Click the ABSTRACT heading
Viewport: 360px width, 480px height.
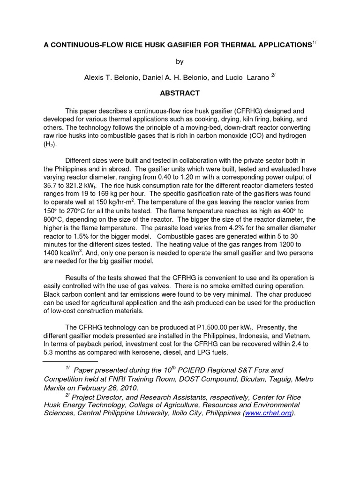(180, 93)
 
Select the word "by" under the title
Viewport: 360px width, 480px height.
(180, 61)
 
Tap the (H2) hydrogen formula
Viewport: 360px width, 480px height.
(49, 144)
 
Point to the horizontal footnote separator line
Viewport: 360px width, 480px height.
(70, 361)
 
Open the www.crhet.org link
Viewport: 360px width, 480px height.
(268, 413)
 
